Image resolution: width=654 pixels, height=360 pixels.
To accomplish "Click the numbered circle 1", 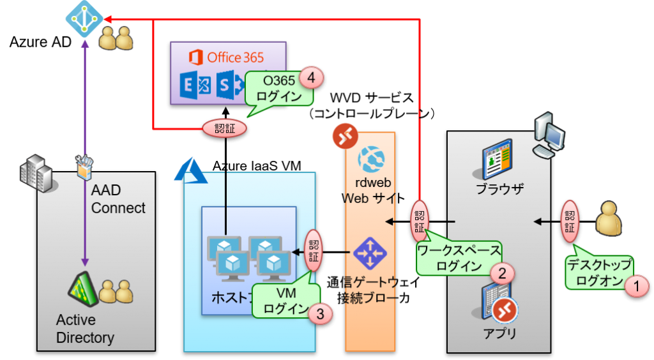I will point(636,285).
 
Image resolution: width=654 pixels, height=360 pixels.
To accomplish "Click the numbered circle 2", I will point(502,273).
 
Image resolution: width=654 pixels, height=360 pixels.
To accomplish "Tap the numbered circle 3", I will point(321,313).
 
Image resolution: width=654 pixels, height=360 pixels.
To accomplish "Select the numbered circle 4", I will point(312,77).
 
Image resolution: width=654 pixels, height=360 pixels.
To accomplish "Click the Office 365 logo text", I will point(227,57).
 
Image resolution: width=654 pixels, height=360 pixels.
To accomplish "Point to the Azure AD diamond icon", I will point(84,18).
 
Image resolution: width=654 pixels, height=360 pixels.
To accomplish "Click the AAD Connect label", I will point(118,199).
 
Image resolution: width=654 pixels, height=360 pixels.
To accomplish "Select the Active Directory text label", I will point(84,329).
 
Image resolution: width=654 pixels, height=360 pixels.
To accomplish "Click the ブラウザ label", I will point(499,189).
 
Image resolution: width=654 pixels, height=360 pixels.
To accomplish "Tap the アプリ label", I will point(500,333).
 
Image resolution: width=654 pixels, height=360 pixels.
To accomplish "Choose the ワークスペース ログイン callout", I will point(459,258).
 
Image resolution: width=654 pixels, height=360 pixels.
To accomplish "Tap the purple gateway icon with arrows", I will point(370,253).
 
